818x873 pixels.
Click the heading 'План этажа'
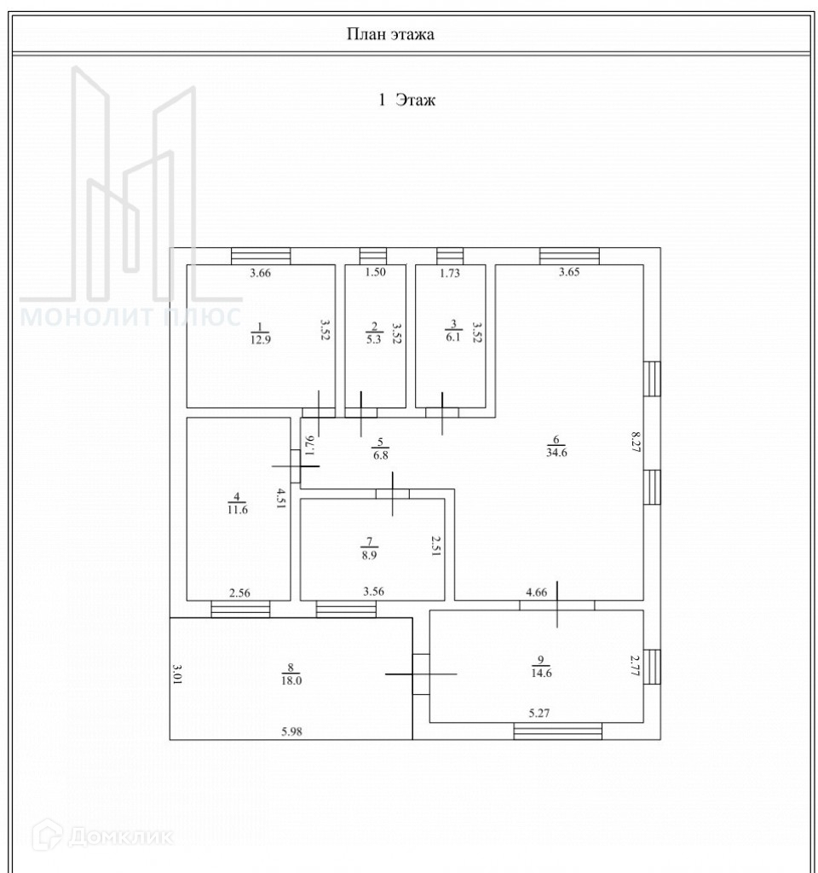391,34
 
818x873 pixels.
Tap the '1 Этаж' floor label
406,101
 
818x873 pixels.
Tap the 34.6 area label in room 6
557,453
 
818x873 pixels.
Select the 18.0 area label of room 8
291,680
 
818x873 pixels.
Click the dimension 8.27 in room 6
635,446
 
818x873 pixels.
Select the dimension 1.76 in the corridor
310,446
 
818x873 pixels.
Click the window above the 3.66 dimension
261,256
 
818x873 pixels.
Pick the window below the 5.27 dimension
558,731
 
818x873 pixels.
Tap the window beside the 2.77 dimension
652,667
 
